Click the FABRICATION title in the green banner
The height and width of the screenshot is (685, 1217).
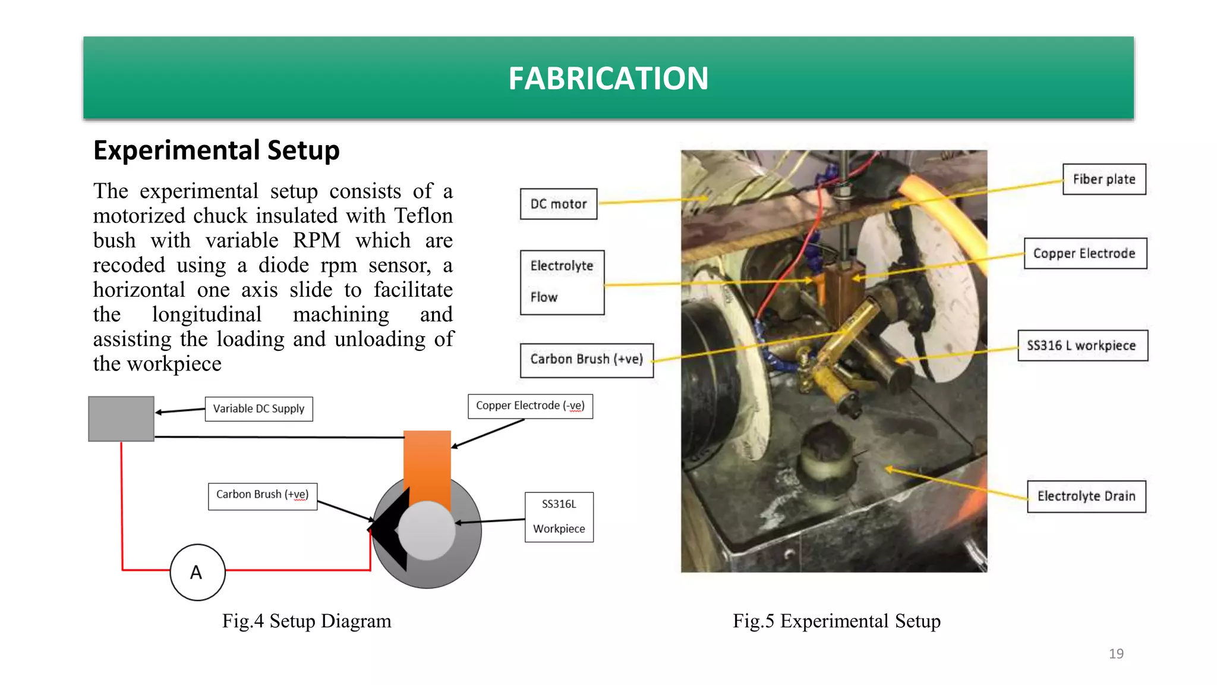(608, 78)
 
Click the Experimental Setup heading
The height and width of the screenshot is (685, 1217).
(216, 150)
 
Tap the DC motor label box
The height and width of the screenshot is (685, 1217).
(558, 204)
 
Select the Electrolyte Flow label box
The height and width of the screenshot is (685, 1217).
(562, 282)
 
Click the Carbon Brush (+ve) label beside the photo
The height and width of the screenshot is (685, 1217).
(586, 360)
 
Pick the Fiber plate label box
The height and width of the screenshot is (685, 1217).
(1104, 179)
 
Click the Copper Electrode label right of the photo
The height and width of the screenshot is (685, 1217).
(1084, 253)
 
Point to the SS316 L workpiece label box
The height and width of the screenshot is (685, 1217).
(1082, 345)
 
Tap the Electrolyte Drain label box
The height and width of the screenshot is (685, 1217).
(1086, 496)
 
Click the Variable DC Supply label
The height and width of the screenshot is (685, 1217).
(258, 409)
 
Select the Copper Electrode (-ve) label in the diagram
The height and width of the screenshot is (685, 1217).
(530, 406)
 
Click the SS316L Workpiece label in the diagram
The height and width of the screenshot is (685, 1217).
(559, 517)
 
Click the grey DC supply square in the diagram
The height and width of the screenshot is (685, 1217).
(121, 419)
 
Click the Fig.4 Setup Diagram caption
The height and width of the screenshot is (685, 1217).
(307, 621)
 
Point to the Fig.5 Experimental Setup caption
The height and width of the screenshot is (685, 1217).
(836, 621)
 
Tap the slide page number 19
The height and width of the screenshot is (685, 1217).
(1115, 653)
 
